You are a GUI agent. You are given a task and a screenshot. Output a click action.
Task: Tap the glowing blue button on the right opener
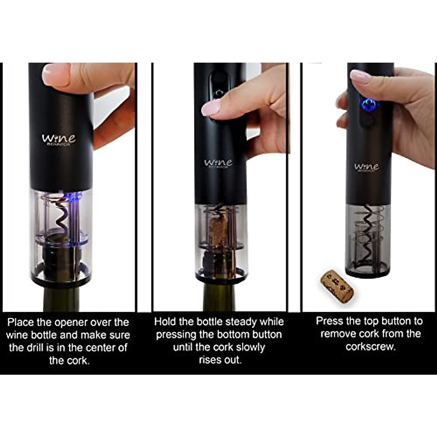click(x=368, y=104)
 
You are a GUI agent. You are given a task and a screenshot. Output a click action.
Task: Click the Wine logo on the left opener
click(x=59, y=139)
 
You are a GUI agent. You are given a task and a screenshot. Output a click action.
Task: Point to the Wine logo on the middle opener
click(x=218, y=163)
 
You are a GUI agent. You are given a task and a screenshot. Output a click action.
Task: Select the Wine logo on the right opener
click(x=366, y=167)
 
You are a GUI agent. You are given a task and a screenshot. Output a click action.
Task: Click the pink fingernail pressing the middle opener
click(x=211, y=107)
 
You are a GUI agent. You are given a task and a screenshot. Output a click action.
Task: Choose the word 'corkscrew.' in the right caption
click(x=370, y=346)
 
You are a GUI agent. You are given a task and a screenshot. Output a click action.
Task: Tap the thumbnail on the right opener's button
click(x=361, y=78)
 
